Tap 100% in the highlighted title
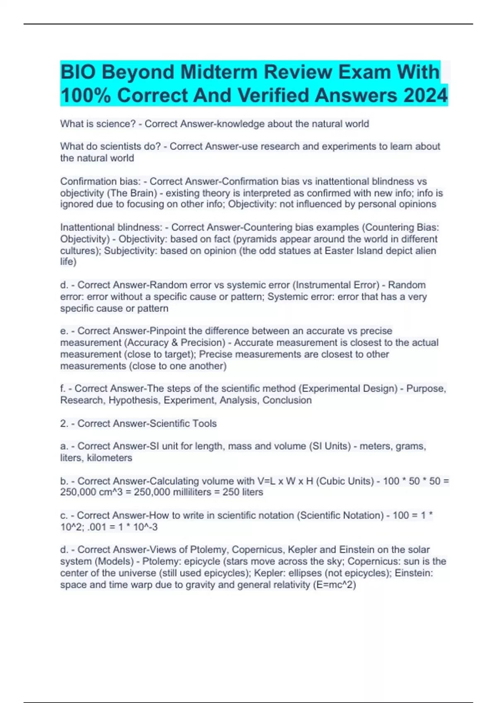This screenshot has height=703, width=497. coord(85,96)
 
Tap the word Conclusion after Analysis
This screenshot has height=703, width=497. coord(287,400)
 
